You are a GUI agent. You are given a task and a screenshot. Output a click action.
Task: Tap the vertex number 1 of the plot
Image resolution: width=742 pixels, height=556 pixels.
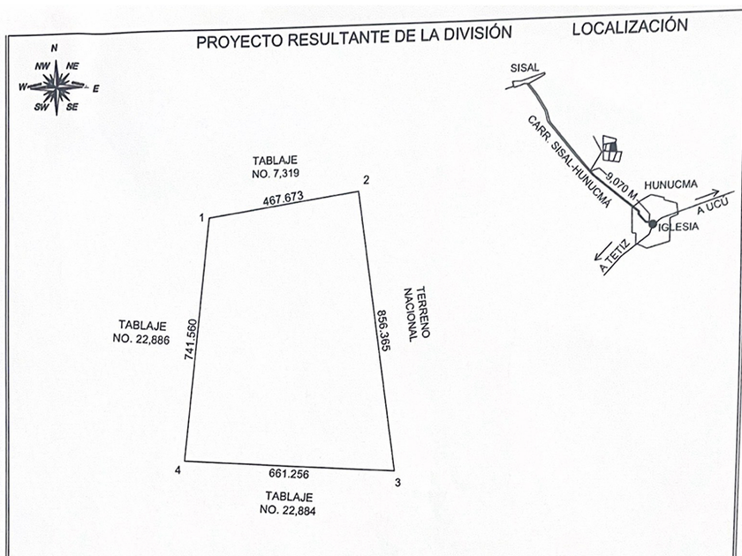pos(201,217)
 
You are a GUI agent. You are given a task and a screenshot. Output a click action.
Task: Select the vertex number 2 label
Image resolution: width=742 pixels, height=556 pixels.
pos(365,181)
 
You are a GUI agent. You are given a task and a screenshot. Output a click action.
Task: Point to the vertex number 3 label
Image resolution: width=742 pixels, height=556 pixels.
pos(397,482)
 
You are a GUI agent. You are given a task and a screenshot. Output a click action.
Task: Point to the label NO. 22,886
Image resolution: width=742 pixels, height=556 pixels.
pos(143,338)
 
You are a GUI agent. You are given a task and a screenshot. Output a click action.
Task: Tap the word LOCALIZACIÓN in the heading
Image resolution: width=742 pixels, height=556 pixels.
pos(629,27)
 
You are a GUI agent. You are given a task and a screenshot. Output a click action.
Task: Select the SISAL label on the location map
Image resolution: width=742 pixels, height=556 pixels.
pos(524,67)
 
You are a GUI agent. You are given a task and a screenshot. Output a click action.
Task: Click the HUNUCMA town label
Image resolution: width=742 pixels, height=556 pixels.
pos(671,184)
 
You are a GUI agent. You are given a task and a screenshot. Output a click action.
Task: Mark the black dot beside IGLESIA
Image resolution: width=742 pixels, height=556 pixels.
pos(652,225)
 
